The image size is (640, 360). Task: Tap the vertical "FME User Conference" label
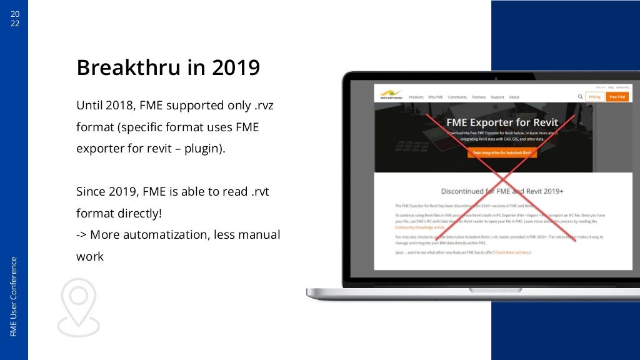click(14, 296)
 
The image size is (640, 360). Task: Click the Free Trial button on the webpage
click(617, 97)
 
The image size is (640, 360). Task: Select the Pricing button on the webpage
click(594, 97)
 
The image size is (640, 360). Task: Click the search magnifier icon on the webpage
click(580, 97)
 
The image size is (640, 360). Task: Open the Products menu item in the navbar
click(416, 97)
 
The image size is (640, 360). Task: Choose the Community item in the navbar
click(457, 97)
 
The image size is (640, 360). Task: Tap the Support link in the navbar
click(497, 97)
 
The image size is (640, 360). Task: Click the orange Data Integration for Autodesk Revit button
click(502, 152)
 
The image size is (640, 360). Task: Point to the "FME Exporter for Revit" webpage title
click(502, 122)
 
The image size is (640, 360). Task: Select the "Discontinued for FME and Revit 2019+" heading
click(502, 191)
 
